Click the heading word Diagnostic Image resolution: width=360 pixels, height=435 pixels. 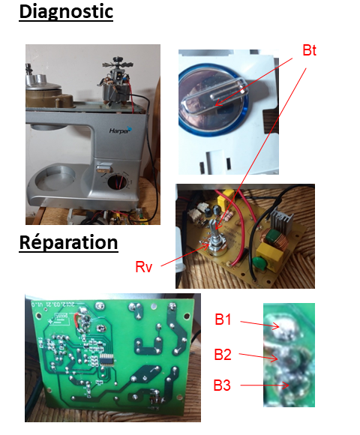[66, 12]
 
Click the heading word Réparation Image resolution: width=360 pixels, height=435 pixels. [68, 242]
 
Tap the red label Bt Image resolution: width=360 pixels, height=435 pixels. [309, 50]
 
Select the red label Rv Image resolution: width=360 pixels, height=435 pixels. [144, 267]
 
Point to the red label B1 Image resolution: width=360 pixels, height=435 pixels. [223, 319]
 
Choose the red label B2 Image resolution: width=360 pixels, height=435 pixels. [223, 355]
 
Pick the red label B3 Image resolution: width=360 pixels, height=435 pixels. [222, 385]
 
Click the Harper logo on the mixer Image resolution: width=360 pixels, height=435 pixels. [121, 130]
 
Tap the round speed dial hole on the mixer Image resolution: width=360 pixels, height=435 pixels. [117, 182]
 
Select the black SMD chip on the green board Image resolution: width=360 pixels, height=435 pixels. [107, 360]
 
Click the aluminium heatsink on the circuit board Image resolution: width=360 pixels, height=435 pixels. [280, 218]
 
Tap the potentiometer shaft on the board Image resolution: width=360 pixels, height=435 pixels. [213, 228]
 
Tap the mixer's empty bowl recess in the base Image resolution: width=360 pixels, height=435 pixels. [55, 177]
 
